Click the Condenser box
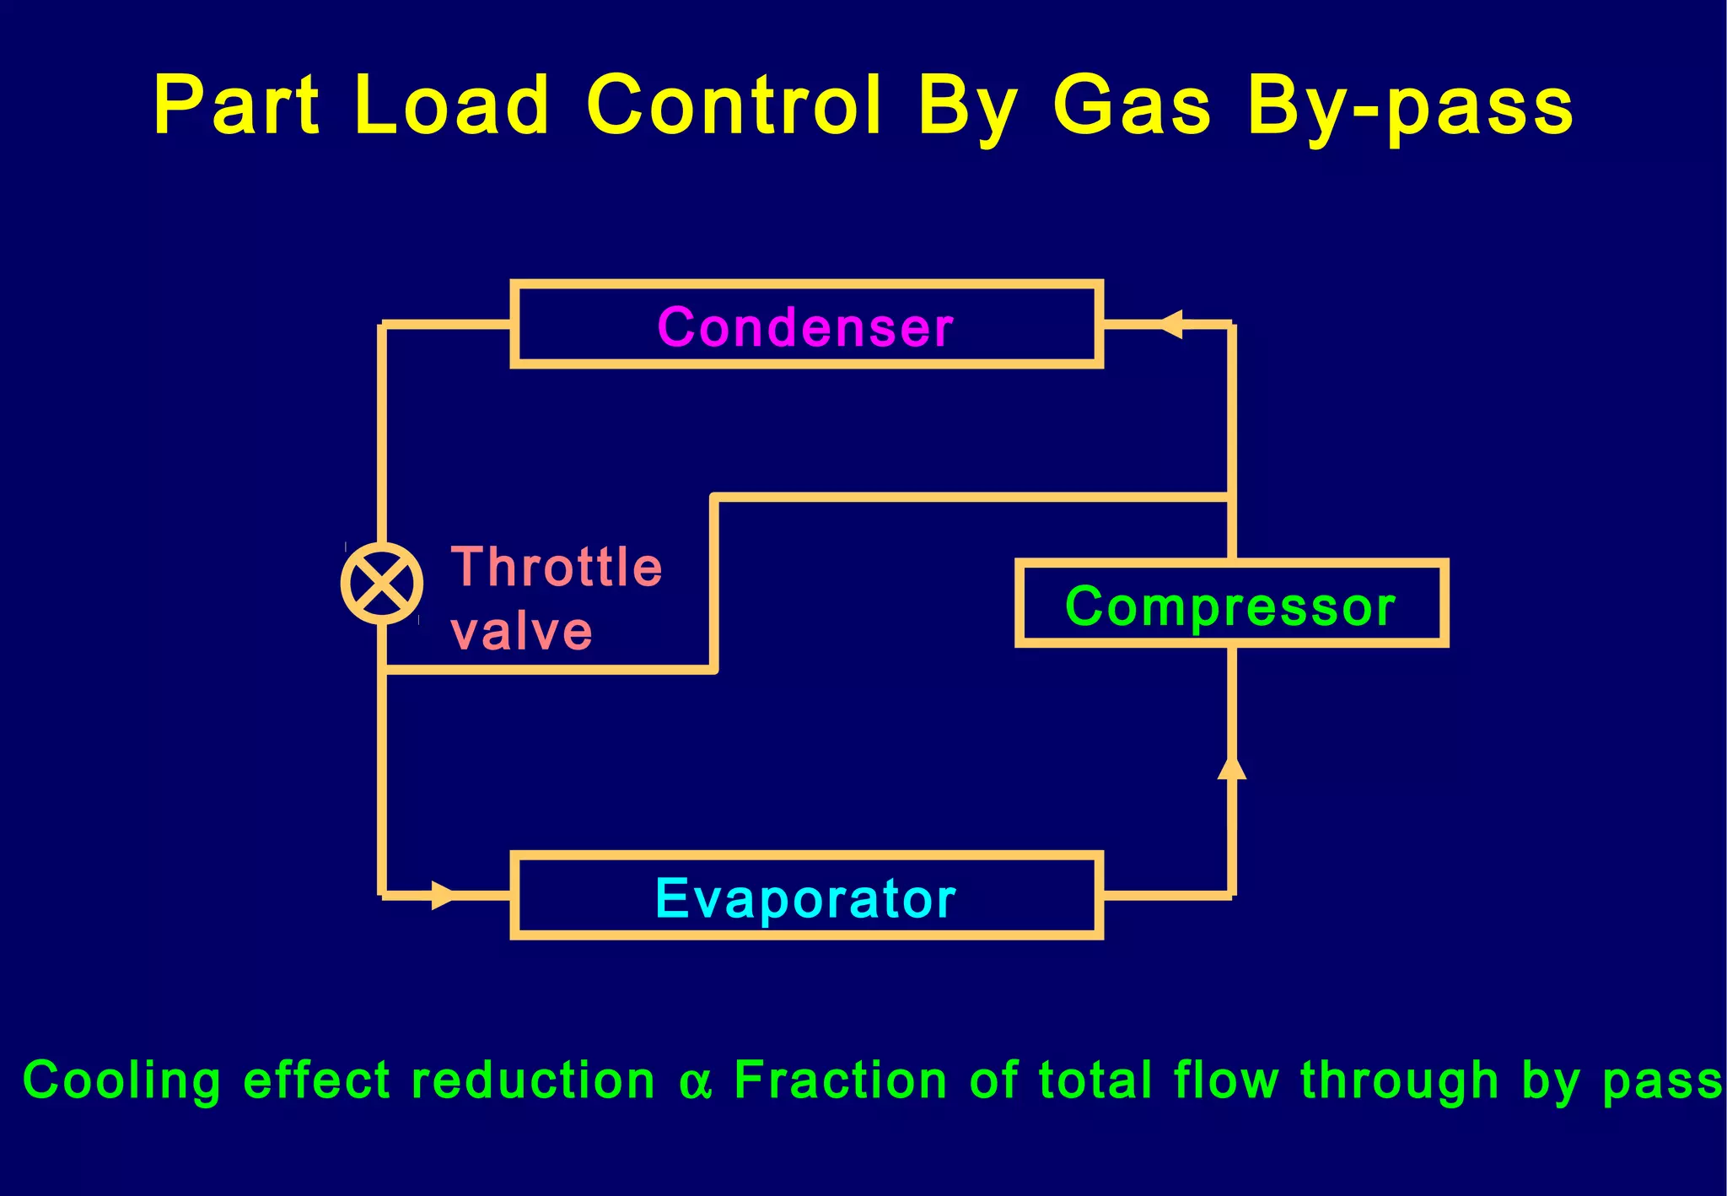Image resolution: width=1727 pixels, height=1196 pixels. click(806, 325)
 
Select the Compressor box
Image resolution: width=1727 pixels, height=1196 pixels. click(1231, 604)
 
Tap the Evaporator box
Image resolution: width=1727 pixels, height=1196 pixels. click(806, 896)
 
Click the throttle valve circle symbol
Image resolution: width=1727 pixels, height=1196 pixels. click(382, 583)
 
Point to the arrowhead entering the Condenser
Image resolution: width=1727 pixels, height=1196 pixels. click(1171, 324)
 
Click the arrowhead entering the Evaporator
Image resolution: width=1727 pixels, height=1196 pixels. click(444, 895)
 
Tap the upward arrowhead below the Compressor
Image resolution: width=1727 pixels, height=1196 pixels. click(1232, 767)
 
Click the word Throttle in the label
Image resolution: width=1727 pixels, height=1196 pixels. click(557, 566)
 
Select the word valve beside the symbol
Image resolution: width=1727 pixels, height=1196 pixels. click(522, 632)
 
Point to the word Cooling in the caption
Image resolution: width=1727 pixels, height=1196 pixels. click(122, 1081)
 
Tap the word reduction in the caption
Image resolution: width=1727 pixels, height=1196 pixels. click(533, 1080)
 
